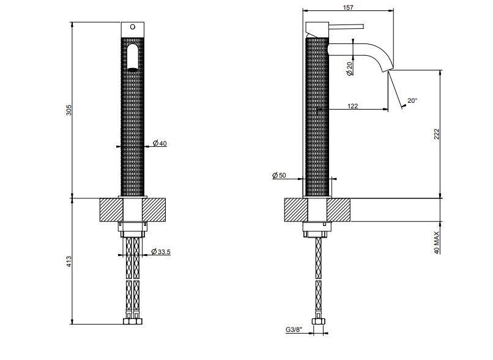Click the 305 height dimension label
(69, 110)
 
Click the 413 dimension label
(69, 262)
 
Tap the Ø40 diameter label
(160, 143)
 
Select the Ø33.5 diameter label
(161, 252)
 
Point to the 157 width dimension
(348, 7)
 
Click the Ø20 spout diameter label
(349, 69)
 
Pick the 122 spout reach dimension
(353, 106)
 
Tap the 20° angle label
(412, 100)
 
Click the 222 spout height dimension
(436, 134)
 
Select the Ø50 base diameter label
(279, 175)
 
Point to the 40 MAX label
(436, 243)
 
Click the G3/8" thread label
(294, 329)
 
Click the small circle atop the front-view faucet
(133, 27)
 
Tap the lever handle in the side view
(346, 26)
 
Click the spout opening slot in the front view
(133, 58)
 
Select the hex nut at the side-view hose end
(319, 321)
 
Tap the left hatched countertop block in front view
(111, 210)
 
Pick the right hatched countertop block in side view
(338, 210)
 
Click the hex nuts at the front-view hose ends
(133, 321)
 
